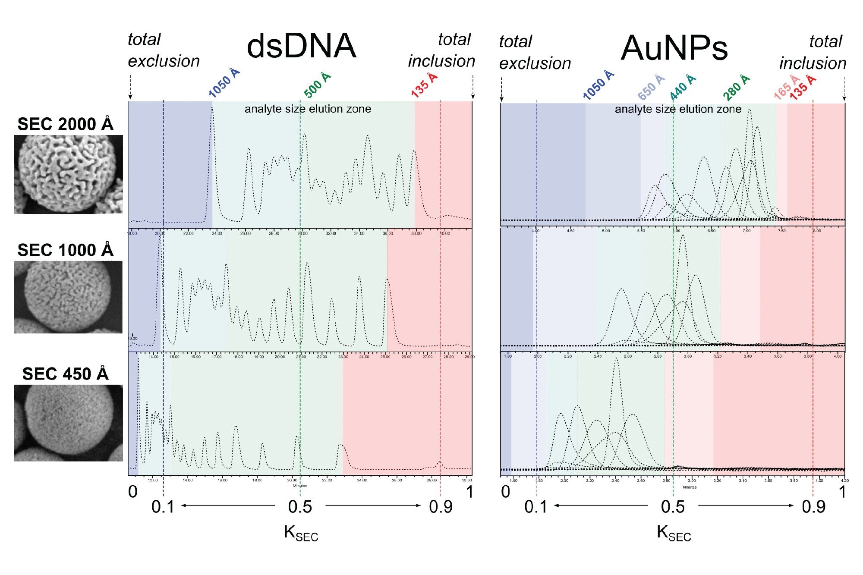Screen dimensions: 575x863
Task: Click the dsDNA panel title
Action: (x=301, y=47)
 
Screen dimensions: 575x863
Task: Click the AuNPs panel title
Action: (x=674, y=48)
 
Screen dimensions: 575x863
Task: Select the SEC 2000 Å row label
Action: (x=65, y=124)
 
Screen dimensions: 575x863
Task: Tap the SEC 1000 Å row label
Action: (x=65, y=250)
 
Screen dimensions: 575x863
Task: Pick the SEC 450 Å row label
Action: (x=65, y=374)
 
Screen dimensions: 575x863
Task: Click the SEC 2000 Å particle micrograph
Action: (x=68, y=174)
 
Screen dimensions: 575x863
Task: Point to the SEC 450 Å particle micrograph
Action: (x=68, y=423)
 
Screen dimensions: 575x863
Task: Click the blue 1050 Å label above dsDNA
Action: (x=224, y=83)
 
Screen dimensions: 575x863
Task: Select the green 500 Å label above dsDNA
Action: (x=317, y=85)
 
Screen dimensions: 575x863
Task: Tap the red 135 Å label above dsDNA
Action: (x=424, y=85)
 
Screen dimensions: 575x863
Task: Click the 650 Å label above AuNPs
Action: (x=651, y=87)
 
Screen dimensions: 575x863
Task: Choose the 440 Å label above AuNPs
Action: (x=683, y=87)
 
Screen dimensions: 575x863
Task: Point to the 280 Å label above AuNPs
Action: (x=737, y=87)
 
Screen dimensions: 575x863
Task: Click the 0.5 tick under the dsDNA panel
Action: (x=300, y=507)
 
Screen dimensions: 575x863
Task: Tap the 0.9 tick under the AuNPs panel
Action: (x=813, y=507)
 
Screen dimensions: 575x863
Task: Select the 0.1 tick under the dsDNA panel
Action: (x=163, y=507)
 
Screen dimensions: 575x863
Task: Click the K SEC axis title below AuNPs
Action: (x=674, y=533)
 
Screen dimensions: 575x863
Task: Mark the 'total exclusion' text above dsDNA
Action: (x=164, y=50)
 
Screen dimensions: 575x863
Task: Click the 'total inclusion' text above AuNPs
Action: (x=813, y=53)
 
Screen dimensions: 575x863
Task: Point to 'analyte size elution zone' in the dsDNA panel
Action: (x=308, y=109)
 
